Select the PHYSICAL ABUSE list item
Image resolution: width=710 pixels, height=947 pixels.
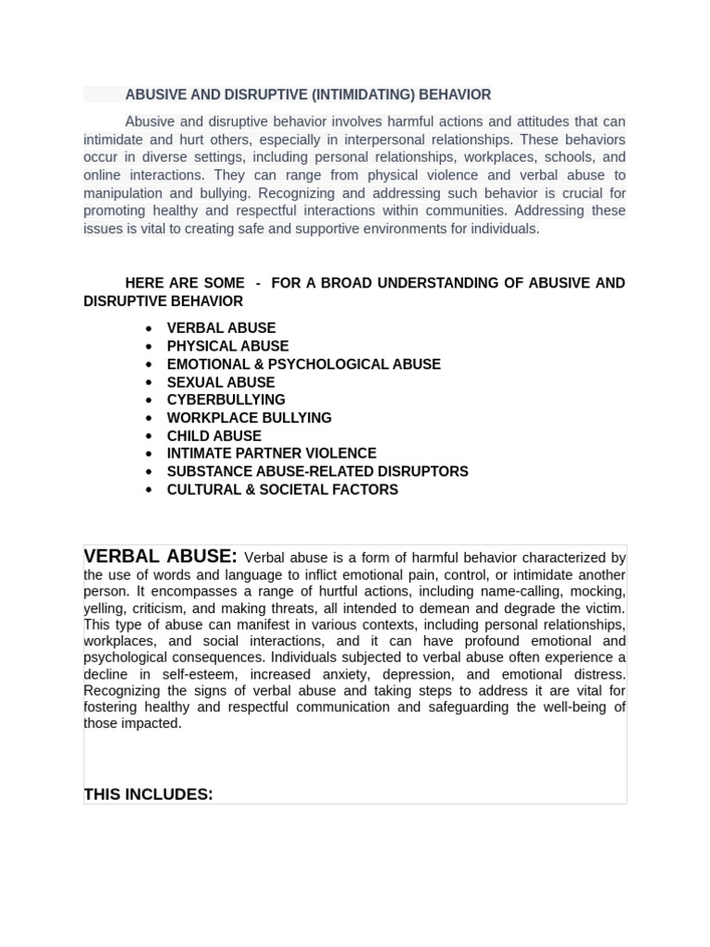point(227,346)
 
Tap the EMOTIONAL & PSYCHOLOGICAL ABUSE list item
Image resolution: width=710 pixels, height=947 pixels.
point(303,364)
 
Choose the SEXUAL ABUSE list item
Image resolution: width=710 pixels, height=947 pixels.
point(220,382)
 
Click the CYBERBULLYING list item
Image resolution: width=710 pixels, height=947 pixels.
point(226,400)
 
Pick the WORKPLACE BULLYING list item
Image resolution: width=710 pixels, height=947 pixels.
point(249,418)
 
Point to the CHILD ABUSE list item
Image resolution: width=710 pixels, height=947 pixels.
point(214,436)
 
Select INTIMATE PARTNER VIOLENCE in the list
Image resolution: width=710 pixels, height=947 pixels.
point(271,453)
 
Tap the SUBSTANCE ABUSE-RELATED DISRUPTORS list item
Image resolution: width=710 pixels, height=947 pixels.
point(317,472)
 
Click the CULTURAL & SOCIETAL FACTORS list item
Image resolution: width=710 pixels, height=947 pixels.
point(282,489)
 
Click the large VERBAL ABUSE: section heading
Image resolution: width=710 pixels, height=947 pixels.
point(160,557)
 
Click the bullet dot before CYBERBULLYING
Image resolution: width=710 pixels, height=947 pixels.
point(149,400)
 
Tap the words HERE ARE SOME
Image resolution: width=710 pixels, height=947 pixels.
point(185,283)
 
